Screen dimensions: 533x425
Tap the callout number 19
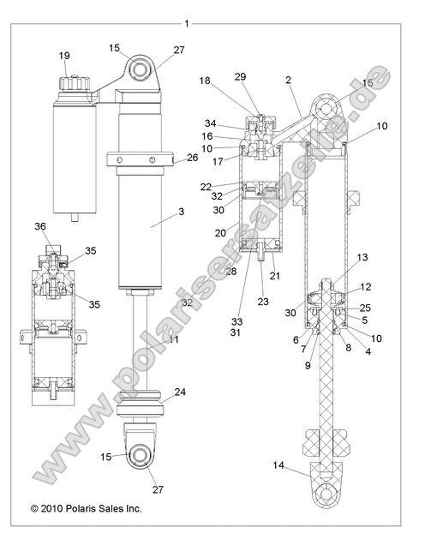[65, 57]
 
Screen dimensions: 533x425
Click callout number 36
[39, 226]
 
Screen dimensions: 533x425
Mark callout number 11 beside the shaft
[174, 340]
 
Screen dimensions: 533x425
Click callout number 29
[240, 77]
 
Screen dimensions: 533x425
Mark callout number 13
[362, 257]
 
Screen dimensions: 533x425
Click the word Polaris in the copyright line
[86, 508]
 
